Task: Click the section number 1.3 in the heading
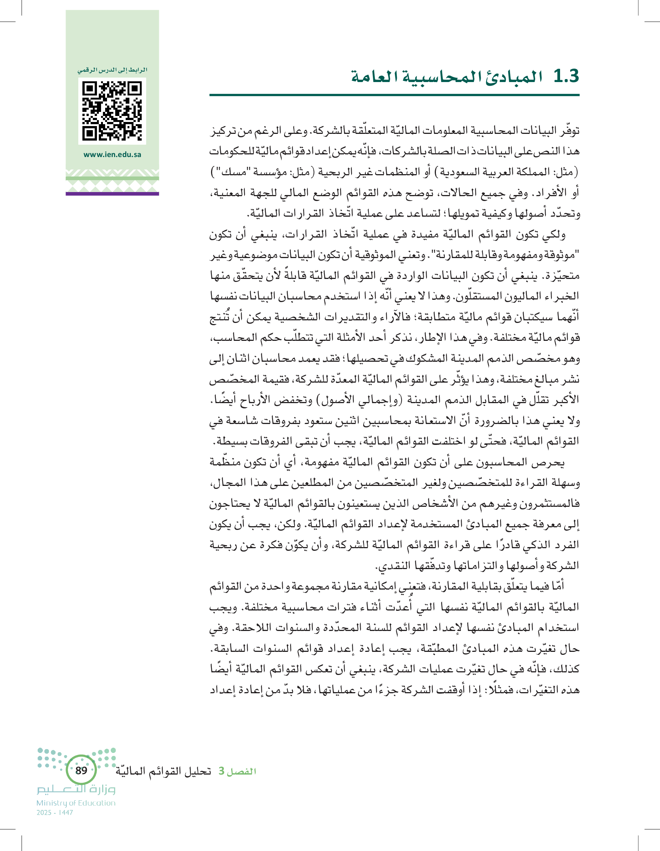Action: tap(566, 76)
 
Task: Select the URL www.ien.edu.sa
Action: tap(112, 155)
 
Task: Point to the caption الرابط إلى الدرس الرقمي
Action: tap(112, 70)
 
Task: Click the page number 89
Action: tap(81, 770)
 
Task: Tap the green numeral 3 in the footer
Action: tap(221, 771)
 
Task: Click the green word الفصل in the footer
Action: tap(241, 771)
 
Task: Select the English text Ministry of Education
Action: tap(76, 803)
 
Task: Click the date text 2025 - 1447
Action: tap(54, 813)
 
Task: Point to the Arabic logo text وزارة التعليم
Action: tap(76, 790)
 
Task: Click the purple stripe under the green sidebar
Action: tap(112, 194)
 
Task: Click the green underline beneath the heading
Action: tap(394, 95)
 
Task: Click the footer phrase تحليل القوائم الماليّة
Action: tap(163, 771)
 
